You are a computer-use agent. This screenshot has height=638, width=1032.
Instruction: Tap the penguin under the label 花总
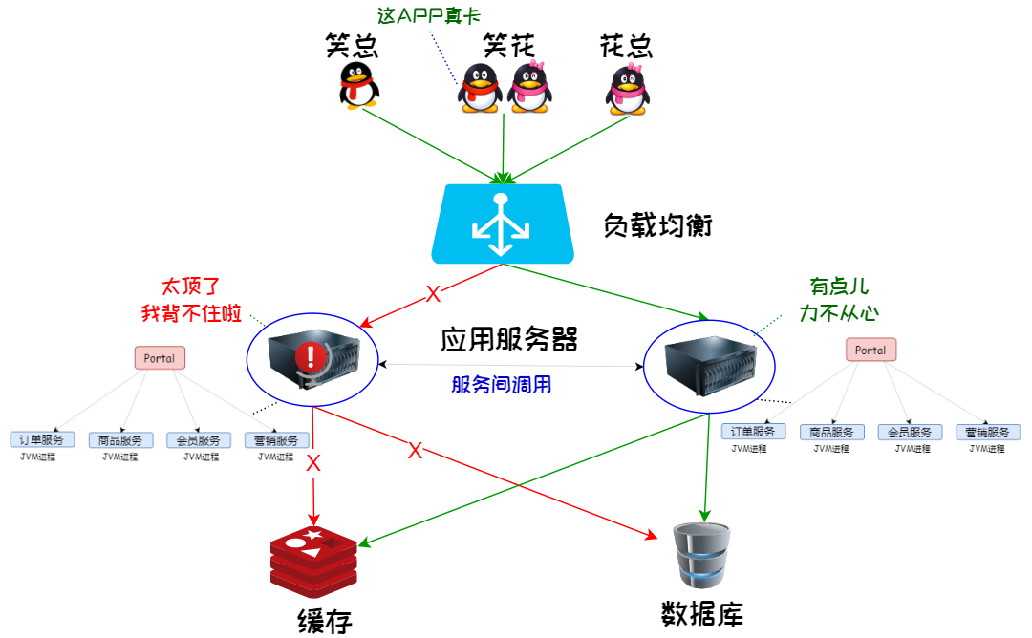point(627,89)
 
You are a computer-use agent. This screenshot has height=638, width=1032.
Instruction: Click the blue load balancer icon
point(503,223)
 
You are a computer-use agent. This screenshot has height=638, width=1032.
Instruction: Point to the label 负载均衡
point(657,226)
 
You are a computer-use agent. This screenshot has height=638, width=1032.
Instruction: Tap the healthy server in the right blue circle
point(708,362)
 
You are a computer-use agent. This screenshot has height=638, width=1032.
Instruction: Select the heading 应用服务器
point(509,339)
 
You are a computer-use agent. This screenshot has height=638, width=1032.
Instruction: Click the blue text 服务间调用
point(502,385)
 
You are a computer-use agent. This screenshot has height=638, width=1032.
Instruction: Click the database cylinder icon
point(702,556)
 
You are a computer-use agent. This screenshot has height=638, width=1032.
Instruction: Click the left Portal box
point(160,358)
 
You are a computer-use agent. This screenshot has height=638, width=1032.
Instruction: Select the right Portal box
point(871,351)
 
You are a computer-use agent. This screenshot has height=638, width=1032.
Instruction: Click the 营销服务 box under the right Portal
point(988,432)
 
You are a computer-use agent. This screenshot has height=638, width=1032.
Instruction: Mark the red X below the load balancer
point(432,293)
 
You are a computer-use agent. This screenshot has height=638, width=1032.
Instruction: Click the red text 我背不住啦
point(191,312)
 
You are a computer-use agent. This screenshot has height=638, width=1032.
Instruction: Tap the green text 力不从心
point(839,312)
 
